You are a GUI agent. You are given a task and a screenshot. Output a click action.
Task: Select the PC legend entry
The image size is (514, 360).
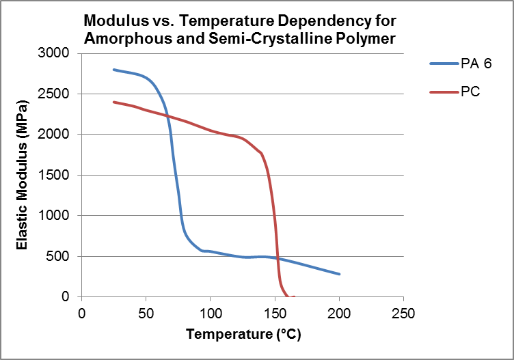tap(470, 92)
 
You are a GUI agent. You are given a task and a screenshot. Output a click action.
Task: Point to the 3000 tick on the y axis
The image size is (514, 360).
tap(59, 53)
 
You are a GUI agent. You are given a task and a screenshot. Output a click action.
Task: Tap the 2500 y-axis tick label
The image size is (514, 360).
tap(59, 94)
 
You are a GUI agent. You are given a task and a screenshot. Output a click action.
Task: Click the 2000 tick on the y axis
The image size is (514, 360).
tap(59, 135)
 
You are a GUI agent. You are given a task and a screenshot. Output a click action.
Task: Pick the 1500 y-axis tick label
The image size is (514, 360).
tap(59, 175)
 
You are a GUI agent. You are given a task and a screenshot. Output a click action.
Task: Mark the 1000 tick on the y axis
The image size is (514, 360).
tap(59, 216)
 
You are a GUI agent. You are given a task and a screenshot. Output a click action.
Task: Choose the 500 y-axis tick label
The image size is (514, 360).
tap(63, 256)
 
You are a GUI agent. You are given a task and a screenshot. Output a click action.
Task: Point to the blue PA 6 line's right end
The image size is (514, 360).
tap(340, 274)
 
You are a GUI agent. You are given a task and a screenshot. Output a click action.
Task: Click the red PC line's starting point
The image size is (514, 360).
tap(114, 102)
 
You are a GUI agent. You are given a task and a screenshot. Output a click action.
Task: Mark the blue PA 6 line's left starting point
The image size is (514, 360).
tap(114, 70)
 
